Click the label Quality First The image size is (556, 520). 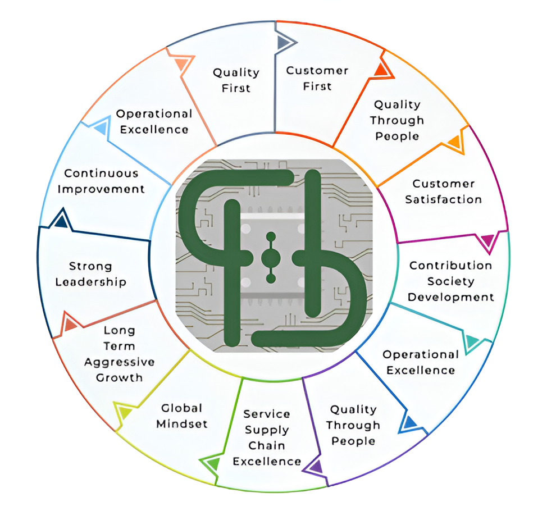pos(236,80)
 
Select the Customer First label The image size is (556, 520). pos(317,78)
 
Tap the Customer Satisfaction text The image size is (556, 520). pos(443,191)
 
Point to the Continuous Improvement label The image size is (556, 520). pos(101,181)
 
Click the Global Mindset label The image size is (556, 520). pos(181,416)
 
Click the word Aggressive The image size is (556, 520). pos(120,362)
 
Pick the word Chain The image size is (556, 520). pos(267,445)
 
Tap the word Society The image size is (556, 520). pos(451,281)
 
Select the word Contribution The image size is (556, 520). pos(450,265)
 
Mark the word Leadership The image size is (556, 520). pos(90,282)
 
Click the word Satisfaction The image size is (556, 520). pos(443,199)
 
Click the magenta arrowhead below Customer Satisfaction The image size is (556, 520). pos(487,242)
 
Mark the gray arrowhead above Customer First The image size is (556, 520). pos(284,42)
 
